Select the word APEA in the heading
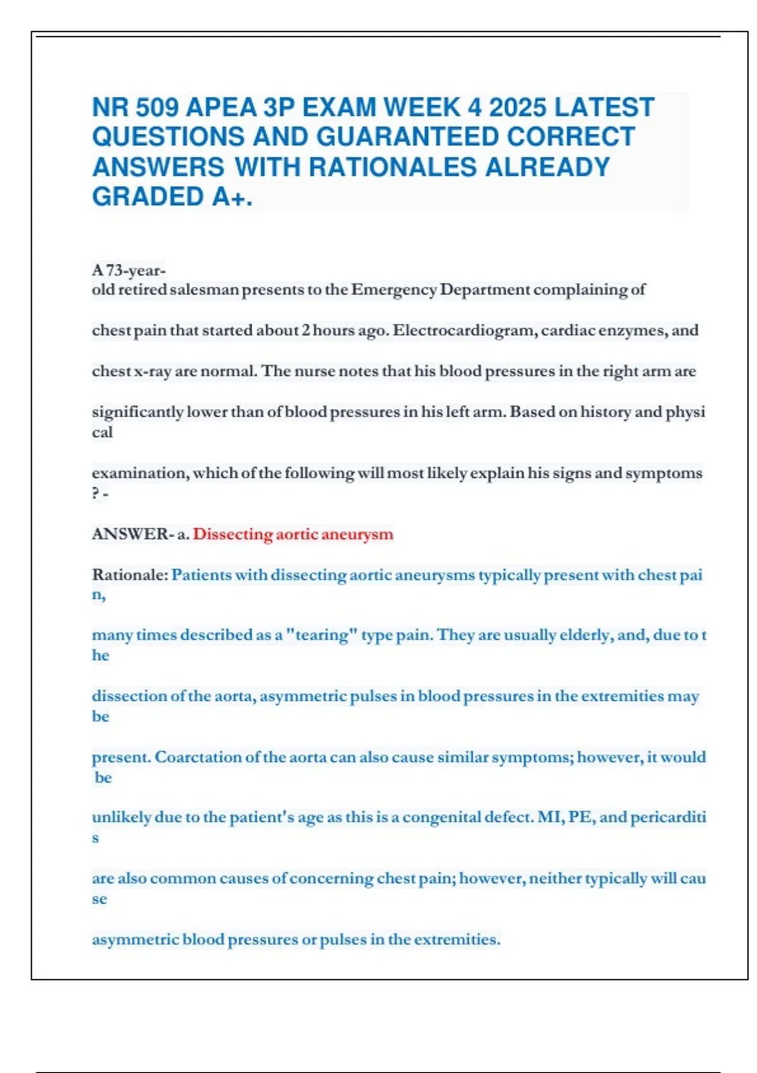[221, 107]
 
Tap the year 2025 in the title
[518, 107]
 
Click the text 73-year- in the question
[136, 270]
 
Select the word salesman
[205, 290]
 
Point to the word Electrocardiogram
[466, 331]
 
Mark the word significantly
[138, 412]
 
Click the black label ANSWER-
[132, 534]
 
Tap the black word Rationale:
[130, 575]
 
